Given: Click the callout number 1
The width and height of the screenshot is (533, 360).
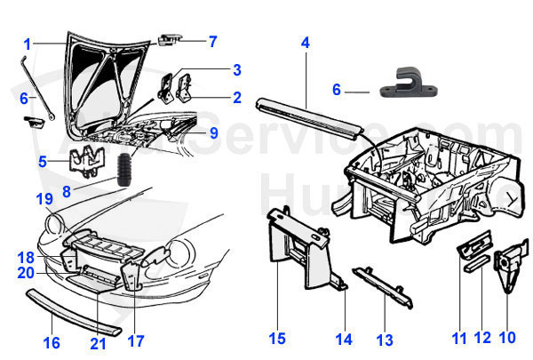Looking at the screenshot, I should click(x=28, y=43).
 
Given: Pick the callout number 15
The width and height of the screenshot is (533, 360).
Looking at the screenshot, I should click(x=278, y=339).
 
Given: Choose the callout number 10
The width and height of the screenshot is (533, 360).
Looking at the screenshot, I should click(x=506, y=339).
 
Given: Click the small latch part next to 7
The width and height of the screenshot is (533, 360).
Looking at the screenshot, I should click(x=171, y=39).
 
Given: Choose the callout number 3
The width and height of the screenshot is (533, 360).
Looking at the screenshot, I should click(x=237, y=69).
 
